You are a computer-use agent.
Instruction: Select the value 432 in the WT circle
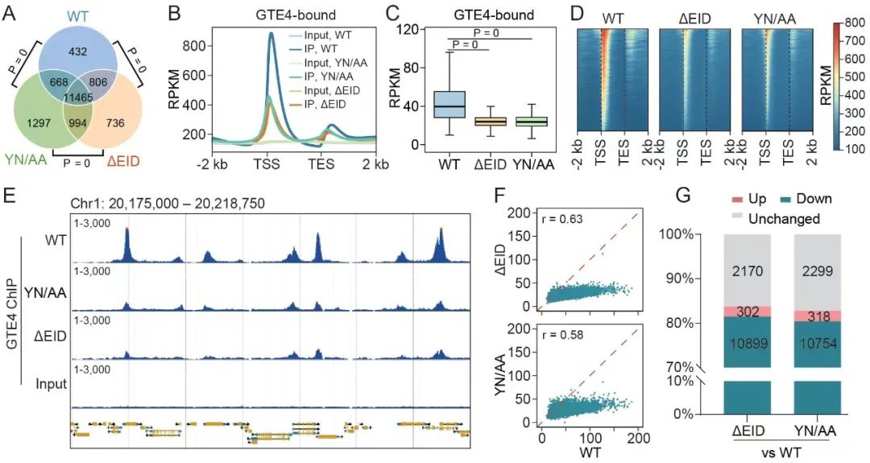pos(79,51)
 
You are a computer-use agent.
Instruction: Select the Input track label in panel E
pos(51,385)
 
